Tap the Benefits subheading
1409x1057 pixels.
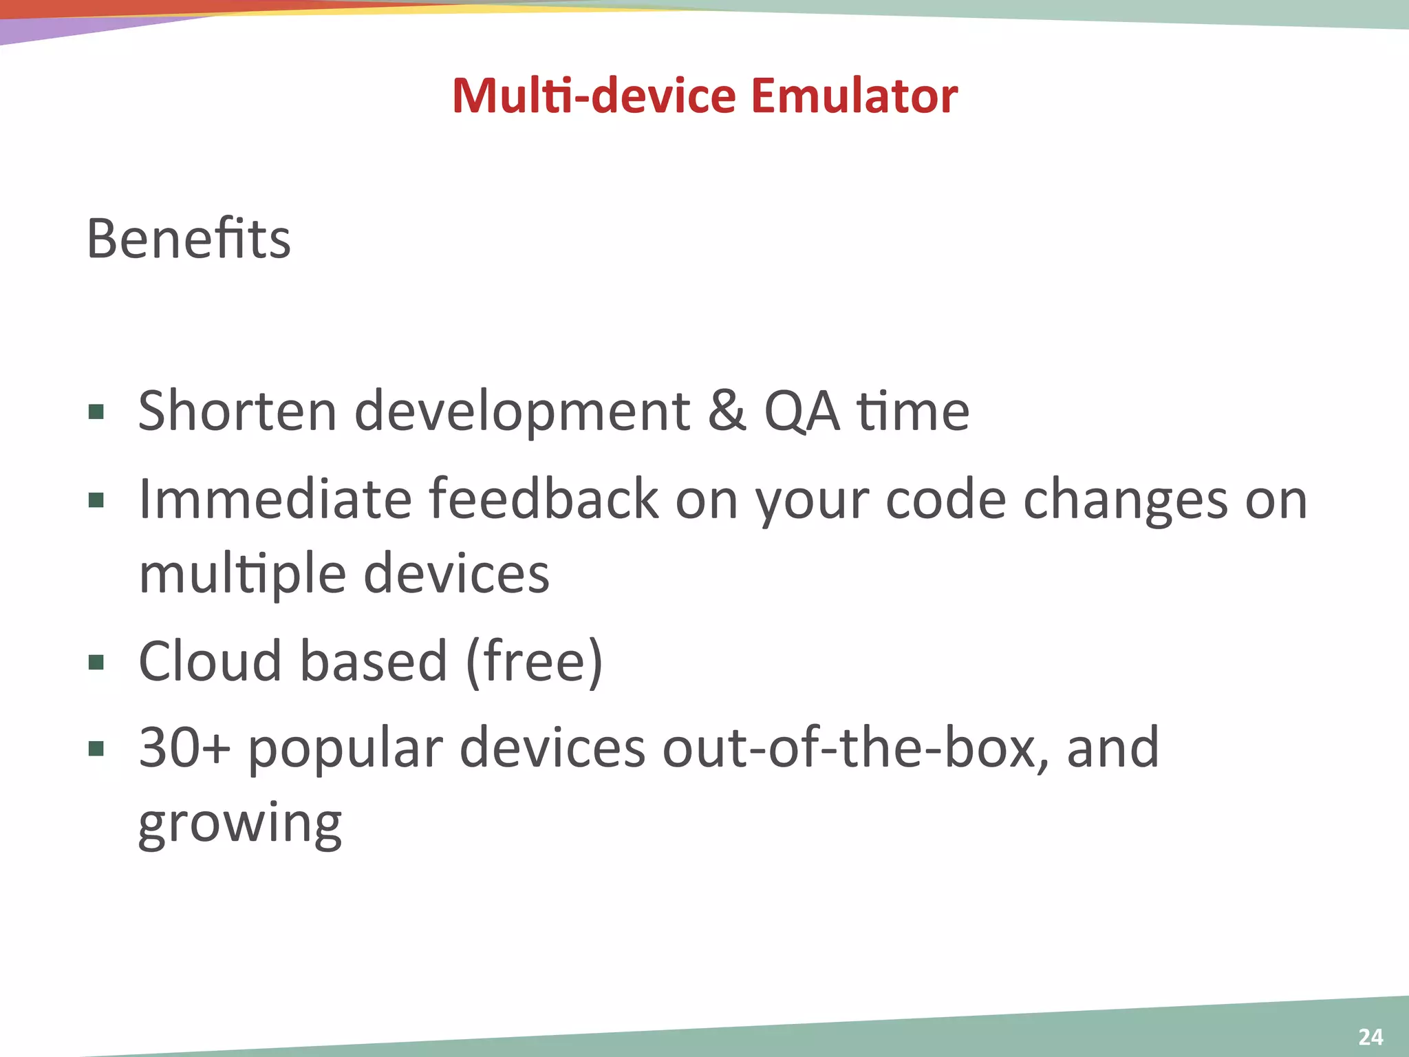pyautogui.click(x=189, y=239)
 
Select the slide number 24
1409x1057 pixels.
pyautogui.click(x=1370, y=1036)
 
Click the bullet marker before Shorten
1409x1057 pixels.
pyautogui.click(x=96, y=412)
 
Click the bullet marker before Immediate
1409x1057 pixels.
pyautogui.click(x=96, y=500)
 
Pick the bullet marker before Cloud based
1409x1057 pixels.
pyautogui.click(x=96, y=662)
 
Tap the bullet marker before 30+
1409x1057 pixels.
pyautogui.click(x=96, y=749)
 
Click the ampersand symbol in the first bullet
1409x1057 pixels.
pyautogui.click(x=727, y=412)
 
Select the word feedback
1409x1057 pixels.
pyautogui.click(x=544, y=499)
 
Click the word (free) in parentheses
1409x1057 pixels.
pyautogui.click(x=535, y=661)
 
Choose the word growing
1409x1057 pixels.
pyautogui.click(x=239, y=823)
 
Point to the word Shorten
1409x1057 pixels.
pyautogui.click(x=237, y=412)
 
